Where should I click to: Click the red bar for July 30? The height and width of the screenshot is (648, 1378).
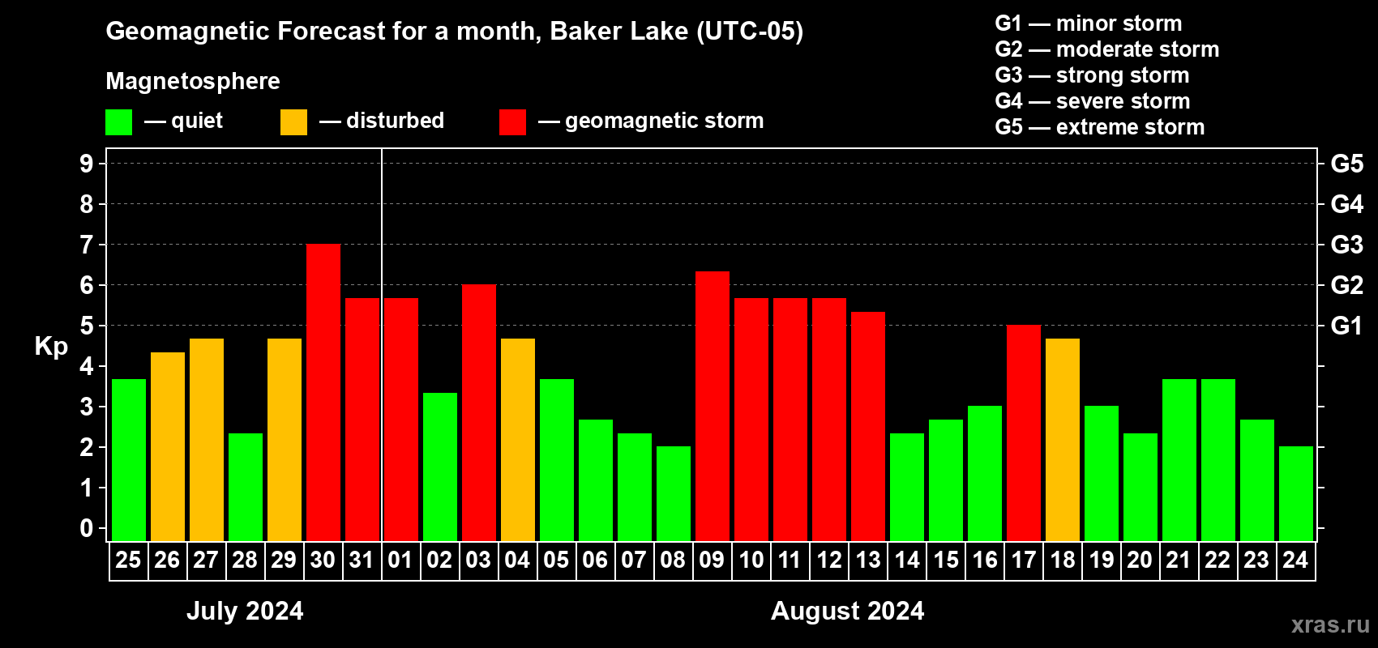click(x=323, y=392)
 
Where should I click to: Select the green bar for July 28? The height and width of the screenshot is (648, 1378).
click(x=246, y=487)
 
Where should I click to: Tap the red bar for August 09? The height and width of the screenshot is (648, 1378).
click(x=713, y=406)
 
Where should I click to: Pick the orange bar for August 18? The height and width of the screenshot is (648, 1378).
click(x=1063, y=440)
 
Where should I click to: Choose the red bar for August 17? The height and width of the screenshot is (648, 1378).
click(x=1024, y=433)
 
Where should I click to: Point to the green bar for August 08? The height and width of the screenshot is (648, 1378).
click(x=674, y=493)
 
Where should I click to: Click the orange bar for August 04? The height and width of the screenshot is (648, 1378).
click(x=518, y=440)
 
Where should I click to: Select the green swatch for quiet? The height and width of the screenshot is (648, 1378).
click(x=118, y=122)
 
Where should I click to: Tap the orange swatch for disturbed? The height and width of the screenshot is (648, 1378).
click(x=293, y=122)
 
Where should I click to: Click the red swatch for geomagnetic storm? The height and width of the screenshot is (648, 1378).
click(x=512, y=122)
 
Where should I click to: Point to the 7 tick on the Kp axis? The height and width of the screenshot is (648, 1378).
click(x=86, y=245)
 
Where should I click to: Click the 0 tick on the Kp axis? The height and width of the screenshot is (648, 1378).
click(x=86, y=528)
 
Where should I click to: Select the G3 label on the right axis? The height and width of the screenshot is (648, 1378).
click(x=1346, y=245)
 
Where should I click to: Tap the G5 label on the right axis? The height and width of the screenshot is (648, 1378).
click(x=1346, y=164)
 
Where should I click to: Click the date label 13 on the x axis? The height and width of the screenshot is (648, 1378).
click(x=868, y=560)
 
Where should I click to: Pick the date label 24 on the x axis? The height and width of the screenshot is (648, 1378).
click(x=1295, y=560)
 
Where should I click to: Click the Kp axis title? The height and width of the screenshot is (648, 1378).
click(x=51, y=347)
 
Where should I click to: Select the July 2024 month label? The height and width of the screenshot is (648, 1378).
click(x=245, y=611)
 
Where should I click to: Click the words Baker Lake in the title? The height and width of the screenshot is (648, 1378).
click(x=618, y=31)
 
